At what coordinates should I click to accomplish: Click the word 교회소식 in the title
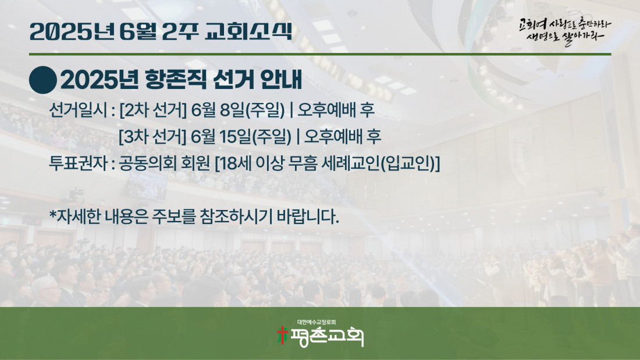248,31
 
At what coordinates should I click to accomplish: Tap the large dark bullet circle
43,80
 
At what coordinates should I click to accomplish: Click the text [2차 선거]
152,110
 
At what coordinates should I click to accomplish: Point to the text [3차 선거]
152,137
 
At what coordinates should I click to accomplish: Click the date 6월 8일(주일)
237,110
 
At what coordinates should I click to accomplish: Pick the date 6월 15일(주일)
241,137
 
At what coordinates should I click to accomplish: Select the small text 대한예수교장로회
317,322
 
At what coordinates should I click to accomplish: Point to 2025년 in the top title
72,31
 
